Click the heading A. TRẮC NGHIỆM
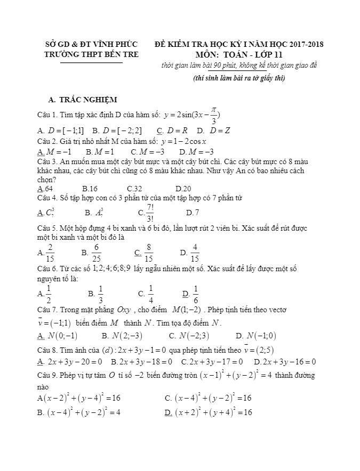click(83, 100)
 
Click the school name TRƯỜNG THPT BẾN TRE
click(91, 54)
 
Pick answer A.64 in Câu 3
click(45, 189)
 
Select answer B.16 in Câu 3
click(90, 189)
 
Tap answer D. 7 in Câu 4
click(193, 213)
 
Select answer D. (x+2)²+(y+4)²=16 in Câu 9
click(209, 412)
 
